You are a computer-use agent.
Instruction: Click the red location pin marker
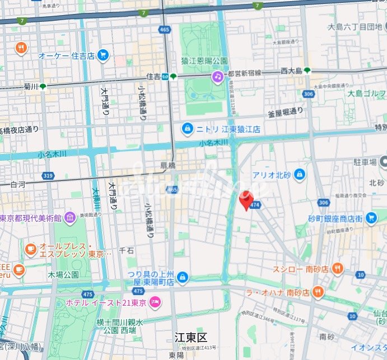tap(246, 200)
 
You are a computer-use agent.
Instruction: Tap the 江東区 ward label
tap(190, 338)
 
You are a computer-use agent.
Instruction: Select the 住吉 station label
tap(153, 76)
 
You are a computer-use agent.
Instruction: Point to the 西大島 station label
tap(291, 71)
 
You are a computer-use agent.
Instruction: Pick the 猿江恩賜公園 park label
tap(204, 60)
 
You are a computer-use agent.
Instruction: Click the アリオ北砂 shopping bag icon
tap(299, 174)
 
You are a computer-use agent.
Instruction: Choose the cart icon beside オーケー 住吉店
tap(102, 55)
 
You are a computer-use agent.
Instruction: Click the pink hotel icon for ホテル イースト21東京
tap(155, 303)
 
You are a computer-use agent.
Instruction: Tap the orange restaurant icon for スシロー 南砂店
tap(337, 269)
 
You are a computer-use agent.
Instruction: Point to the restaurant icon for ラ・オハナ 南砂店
tap(318, 292)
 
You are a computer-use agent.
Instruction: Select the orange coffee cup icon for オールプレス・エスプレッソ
tap(30, 247)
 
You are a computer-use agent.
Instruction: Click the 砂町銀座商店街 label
tap(335, 218)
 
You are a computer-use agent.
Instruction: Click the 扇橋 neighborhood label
tap(168, 166)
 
